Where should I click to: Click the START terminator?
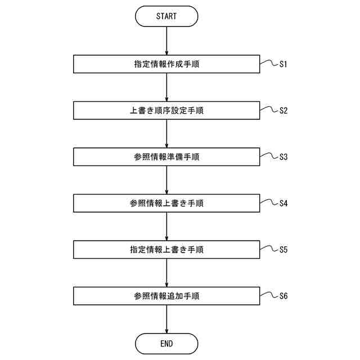coord(166,16)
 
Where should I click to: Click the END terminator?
coord(166,343)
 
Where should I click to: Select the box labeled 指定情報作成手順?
coord(166,64)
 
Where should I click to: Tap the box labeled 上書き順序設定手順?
coord(166,110)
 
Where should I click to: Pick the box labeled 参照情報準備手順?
coord(166,157)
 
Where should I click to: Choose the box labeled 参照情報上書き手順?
coord(166,203)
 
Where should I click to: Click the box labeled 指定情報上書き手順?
coord(166,249)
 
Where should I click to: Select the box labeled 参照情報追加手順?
coord(166,295)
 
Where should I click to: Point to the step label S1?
coord(283,64)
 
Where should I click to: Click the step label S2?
coord(283,110)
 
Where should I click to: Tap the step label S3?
coord(283,157)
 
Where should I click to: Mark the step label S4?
coord(283,203)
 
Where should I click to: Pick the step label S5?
coord(283,249)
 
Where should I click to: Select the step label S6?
coord(283,295)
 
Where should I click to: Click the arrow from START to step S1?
coord(167,40)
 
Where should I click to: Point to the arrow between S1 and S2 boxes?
coord(167,87)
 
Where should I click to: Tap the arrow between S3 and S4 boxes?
coord(167,180)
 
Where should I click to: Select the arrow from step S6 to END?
coord(167,319)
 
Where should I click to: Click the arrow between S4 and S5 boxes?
coord(167,226)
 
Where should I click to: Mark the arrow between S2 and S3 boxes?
coord(167,134)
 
